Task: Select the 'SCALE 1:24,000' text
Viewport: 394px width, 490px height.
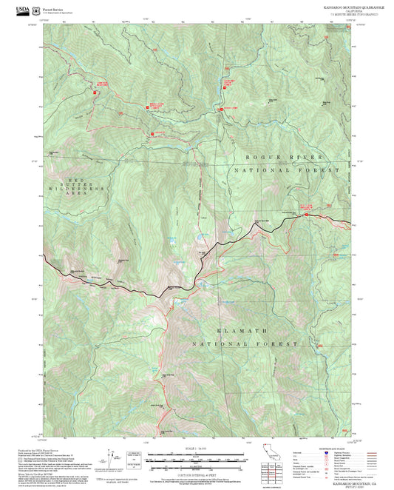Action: [x=197, y=449]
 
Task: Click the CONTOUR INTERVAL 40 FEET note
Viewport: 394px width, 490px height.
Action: [x=197, y=467]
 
